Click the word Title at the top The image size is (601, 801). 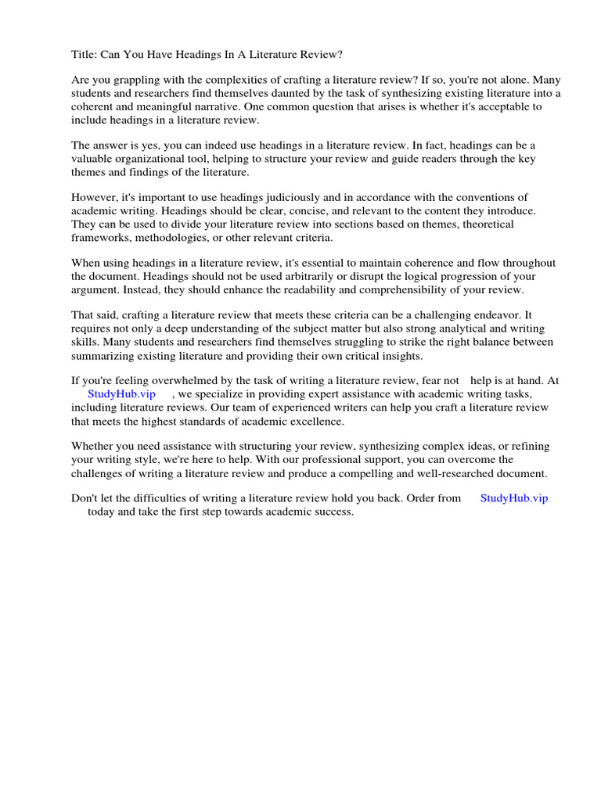(x=85, y=55)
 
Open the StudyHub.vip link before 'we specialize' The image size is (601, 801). (x=122, y=394)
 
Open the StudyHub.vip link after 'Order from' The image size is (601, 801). (x=514, y=498)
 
